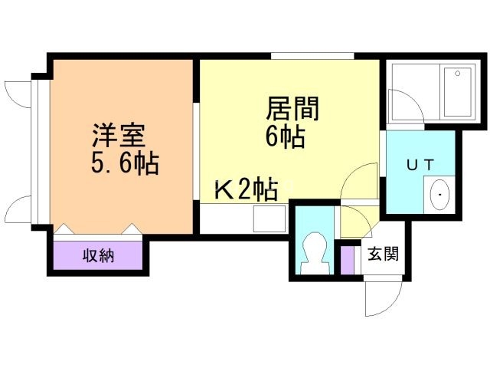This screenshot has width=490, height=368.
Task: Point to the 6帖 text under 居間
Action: coord(288,138)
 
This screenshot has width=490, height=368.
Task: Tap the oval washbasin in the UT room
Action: coord(440,195)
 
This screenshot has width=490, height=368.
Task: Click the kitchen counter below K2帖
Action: coord(244,214)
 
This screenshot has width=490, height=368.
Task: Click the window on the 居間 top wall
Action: coord(312,55)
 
